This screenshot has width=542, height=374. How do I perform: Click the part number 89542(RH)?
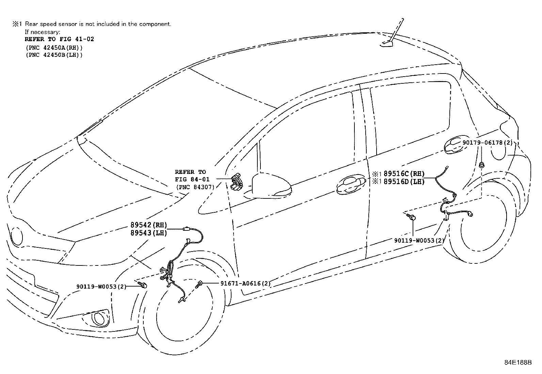point(148,225)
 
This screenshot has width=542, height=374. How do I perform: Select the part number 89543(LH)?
point(148,233)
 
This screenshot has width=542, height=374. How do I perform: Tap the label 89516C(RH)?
point(404,174)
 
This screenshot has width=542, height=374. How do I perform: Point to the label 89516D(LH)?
point(404,182)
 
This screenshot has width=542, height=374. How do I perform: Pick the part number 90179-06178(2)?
point(487,143)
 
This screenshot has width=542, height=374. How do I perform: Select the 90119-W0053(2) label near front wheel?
point(101,287)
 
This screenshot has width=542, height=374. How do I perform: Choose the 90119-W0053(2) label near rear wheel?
point(419,240)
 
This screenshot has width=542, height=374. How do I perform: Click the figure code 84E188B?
point(518,362)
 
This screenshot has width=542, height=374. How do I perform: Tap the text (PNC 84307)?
point(195,187)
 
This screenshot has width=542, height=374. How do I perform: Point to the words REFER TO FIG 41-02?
point(59,39)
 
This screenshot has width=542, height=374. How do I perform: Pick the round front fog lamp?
point(99,319)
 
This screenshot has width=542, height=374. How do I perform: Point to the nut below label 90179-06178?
point(481,165)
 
